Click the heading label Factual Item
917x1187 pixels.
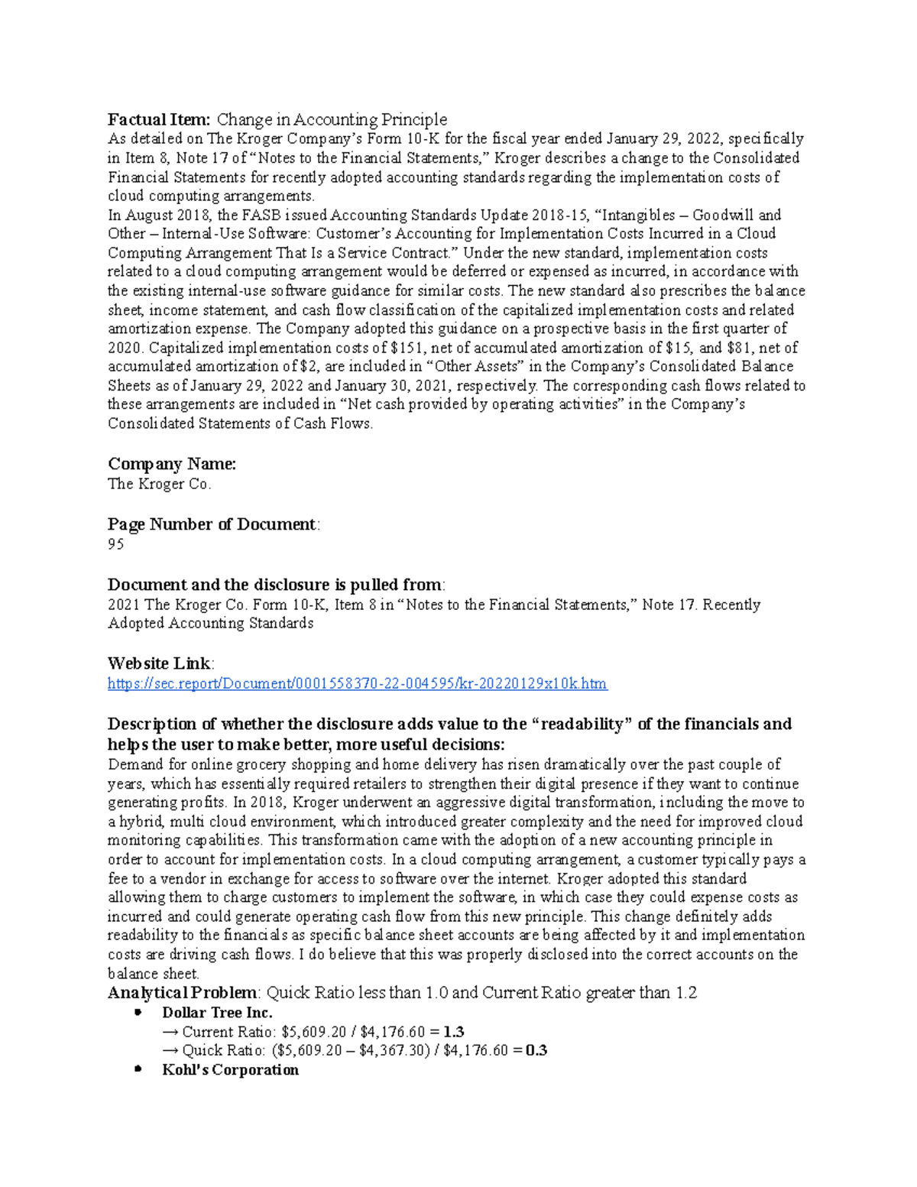pos(158,119)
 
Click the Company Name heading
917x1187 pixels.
pos(172,464)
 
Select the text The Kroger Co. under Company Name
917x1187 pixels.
pos(159,484)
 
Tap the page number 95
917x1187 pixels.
pos(115,544)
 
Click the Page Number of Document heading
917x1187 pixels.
pos(212,524)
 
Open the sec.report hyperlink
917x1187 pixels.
pos(357,683)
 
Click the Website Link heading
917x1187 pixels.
pos(160,663)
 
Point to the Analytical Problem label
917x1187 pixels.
pos(182,993)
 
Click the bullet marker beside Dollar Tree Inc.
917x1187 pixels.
pos(138,1013)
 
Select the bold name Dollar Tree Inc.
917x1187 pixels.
pos(217,1013)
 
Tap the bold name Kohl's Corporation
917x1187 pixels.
pos(230,1070)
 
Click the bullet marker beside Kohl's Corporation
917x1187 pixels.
pos(138,1070)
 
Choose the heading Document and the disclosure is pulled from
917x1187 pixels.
pos(274,585)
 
